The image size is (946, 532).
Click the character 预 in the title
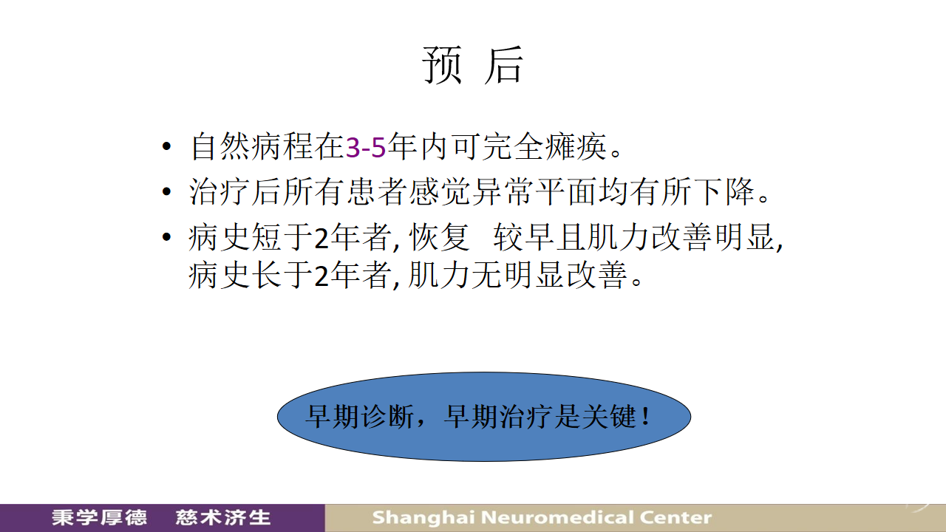pyautogui.click(x=441, y=65)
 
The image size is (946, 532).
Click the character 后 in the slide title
pyautogui.click(x=504, y=65)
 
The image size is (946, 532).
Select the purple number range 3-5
pyautogui.click(x=366, y=147)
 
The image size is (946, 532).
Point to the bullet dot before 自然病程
pyautogui.click(x=166, y=146)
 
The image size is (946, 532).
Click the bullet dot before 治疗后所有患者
pyautogui.click(x=166, y=192)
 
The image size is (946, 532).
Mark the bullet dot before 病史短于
pyautogui.click(x=166, y=237)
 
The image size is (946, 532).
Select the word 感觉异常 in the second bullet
pyautogui.click(x=471, y=191)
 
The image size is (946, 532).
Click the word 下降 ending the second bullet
pyautogui.click(x=724, y=191)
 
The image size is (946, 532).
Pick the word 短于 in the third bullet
pyautogui.click(x=282, y=237)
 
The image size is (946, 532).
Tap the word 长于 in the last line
pyautogui.click(x=282, y=276)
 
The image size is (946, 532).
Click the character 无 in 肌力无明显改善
pyautogui.click(x=486, y=276)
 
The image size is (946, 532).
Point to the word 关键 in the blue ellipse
pyautogui.click(x=610, y=416)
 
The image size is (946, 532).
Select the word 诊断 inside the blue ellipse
pyautogui.click(x=387, y=416)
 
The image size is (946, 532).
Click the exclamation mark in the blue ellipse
pyautogui.click(x=645, y=416)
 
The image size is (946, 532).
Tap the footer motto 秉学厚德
pyautogui.click(x=99, y=518)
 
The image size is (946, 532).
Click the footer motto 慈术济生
pyautogui.click(x=223, y=518)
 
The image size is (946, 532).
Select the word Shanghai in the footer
pyautogui.click(x=423, y=518)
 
